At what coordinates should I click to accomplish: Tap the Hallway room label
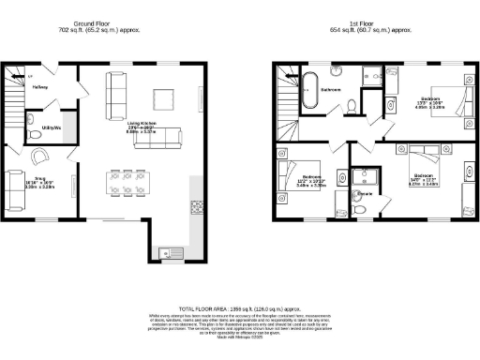coord(39,87)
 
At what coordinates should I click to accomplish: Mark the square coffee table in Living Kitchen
coord(164,97)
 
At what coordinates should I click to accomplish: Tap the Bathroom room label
coord(331,90)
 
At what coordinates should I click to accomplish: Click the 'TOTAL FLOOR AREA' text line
coord(240,307)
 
